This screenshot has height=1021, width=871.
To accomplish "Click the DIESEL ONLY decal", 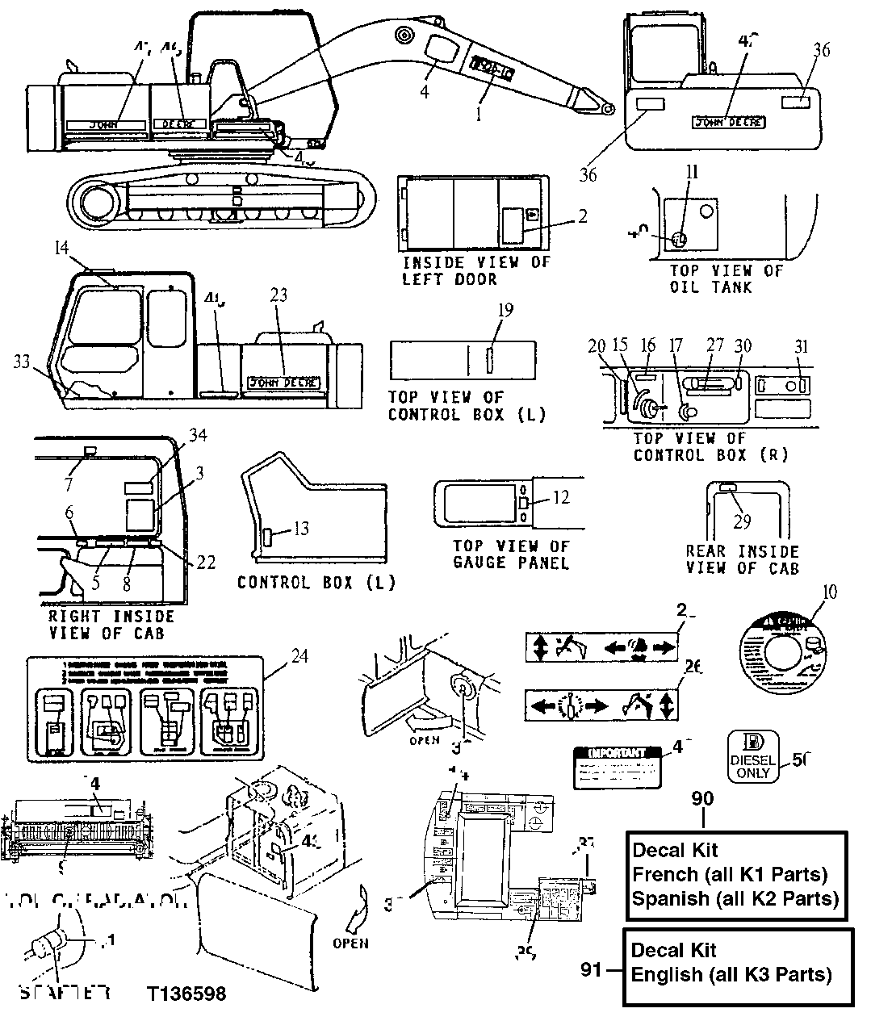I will [x=752, y=755].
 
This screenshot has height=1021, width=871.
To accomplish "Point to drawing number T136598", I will [x=186, y=993].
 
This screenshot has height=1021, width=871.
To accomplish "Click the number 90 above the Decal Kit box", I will [x=702, y=798].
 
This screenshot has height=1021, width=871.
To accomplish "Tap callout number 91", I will [x=592, y=969].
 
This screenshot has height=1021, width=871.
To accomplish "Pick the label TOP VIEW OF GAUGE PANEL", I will [x=511, y=554].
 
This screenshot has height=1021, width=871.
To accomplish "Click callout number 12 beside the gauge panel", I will [x=560, y=498].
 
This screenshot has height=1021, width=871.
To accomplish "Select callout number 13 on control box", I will [x=301, y=529].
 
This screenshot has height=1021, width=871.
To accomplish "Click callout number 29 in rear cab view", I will [x=742, y=521].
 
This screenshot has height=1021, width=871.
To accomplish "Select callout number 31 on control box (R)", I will [x=801, y=345].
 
